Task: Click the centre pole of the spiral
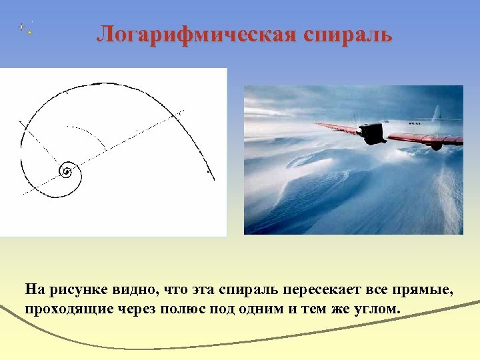pyautogui.click(x=67, y=172)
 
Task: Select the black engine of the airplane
pyautogui.click(x=373, y=133)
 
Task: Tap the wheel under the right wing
pyautogui.click(x=436, y=146)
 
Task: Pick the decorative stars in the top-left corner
pyautogui.click(x=26, y=28)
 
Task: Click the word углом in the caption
pyautogui.click(x=378, y=309)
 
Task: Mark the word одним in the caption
pyautogui.click(x=277, y=309)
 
